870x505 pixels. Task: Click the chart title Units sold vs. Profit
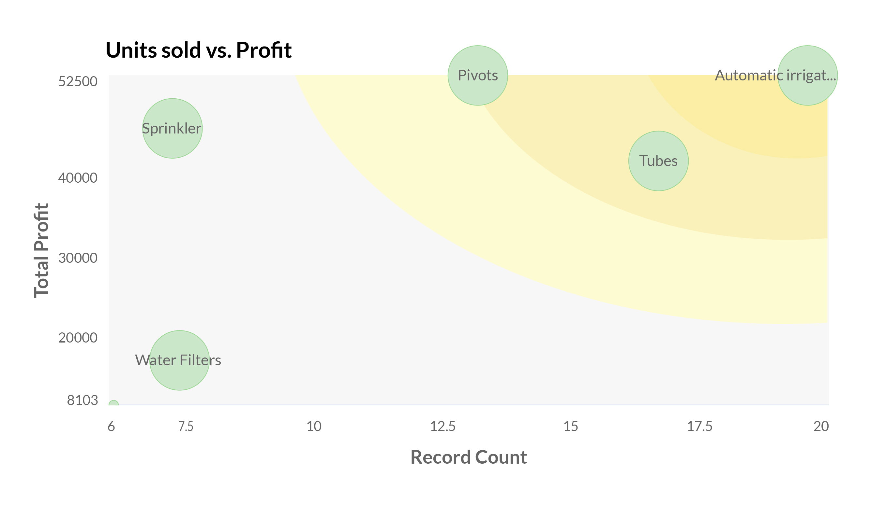coord(199,50)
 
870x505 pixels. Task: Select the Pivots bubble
coord(478,76)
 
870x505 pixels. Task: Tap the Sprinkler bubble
coord(172,129)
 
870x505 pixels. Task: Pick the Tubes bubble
coord(658,161)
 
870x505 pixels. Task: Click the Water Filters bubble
coord(180,360)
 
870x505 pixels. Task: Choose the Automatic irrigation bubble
coord(807,76)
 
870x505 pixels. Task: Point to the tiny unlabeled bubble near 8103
coord(113,404)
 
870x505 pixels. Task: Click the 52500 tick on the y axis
coord(78,82)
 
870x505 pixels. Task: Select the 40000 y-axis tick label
coord(78,178)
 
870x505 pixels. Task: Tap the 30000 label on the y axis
coord(78,258)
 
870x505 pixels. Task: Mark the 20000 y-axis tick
coord(78,338)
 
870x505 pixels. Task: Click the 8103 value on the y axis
coord(82,400)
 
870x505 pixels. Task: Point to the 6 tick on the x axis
coord(111,427)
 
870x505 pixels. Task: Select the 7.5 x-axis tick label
coord(186,427)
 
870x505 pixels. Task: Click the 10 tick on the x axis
coord(314,427)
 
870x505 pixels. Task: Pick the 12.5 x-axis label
coord(442,427)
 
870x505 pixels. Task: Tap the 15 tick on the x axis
coord(571,427)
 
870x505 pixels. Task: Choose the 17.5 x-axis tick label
coord(699,427)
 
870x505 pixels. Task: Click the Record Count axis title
coord(469,457)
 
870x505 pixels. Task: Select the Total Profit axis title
coord(41,251)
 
